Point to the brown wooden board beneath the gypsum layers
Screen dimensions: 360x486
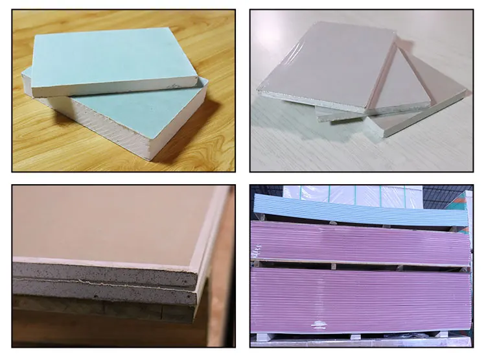point(97,308)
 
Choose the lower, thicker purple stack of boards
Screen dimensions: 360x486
point(360,298)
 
